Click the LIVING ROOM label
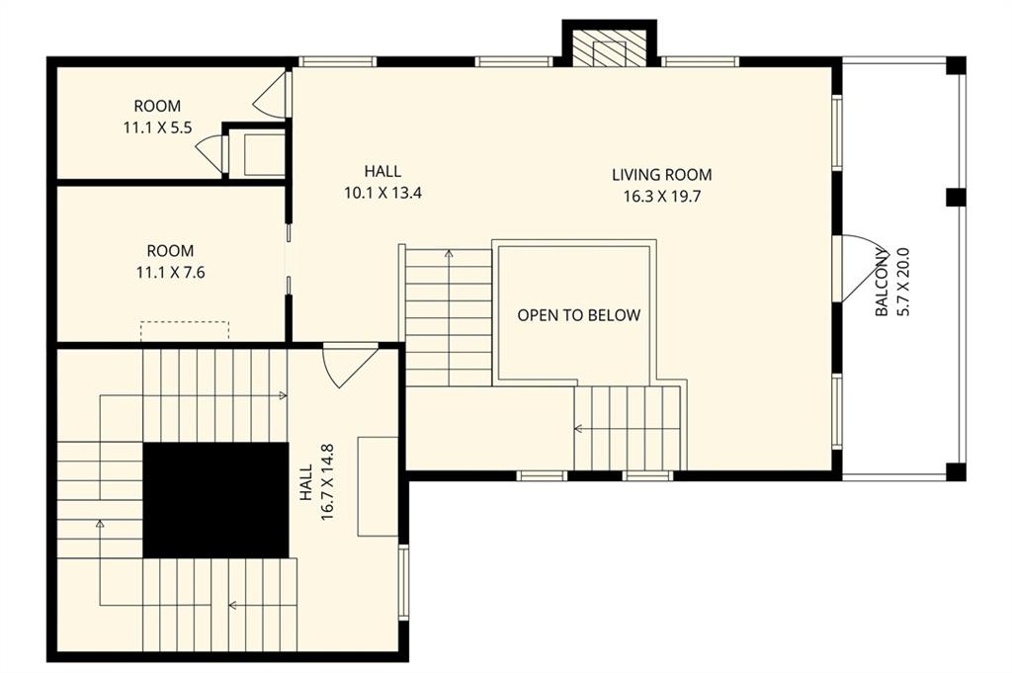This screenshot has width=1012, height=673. point(661,174)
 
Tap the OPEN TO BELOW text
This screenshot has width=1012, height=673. point(579,315)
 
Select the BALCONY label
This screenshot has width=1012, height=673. point(883,282)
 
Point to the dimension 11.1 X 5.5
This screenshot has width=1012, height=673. point(157,127)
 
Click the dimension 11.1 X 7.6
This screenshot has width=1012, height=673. point(170,273)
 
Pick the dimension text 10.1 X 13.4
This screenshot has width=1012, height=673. point(382,193)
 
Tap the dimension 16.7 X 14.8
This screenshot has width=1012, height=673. point(326,482)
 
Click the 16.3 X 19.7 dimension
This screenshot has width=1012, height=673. point(661,196)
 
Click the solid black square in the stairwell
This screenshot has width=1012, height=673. point(215,500)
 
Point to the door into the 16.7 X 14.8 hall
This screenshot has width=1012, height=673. point(349,365)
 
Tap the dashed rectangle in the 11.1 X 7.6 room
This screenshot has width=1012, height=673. point(185,330)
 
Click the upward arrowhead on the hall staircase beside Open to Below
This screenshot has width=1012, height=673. point(449,254)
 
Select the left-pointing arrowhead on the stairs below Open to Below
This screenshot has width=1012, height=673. point(578,428)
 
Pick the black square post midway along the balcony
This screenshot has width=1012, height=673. point(956,197)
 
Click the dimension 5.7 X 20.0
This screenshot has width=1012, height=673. point(903,282)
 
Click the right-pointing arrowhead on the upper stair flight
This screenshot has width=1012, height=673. point(283,395)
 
